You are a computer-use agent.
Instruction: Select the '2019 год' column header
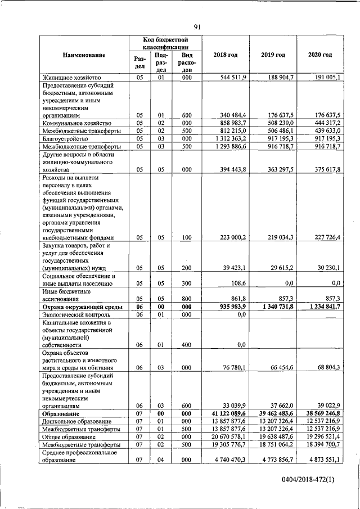[x=273, y=55]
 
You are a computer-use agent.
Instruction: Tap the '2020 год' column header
[x=320, y=55]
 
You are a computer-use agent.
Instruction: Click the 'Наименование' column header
[x=84, y=55]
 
